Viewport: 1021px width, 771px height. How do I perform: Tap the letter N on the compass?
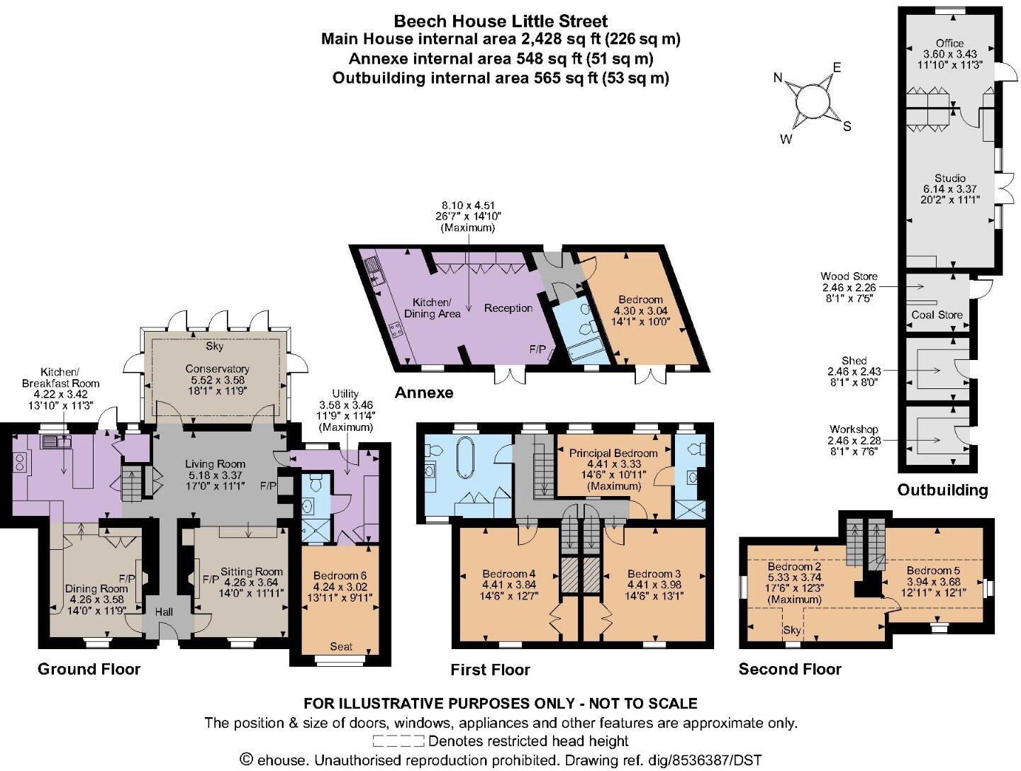(779, 77)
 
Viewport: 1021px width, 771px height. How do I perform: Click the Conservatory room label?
(217, 369)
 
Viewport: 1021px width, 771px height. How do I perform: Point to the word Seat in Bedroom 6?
(341, 646)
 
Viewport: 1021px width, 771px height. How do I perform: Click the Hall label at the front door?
(164, 611)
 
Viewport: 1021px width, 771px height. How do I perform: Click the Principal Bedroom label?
(613, 453)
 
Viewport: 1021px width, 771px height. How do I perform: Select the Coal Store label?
(937, 315)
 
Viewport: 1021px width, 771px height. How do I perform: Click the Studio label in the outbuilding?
(949, 178)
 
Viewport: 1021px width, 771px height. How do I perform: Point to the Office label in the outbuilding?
(949, 43)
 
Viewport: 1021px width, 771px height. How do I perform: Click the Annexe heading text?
(423, 393)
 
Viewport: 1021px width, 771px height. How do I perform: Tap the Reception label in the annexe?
(508, 308)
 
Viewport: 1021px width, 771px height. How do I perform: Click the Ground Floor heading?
(89, 669)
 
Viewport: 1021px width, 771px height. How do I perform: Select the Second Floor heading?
(790, 669)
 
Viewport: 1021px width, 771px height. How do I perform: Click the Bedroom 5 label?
(933, 570)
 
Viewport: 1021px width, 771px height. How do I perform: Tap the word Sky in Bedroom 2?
(791, 630)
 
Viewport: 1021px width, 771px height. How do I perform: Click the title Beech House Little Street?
(501, 21)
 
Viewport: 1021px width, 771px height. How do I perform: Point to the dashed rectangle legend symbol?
(398, 741)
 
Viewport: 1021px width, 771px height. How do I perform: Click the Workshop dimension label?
(854, 429)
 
